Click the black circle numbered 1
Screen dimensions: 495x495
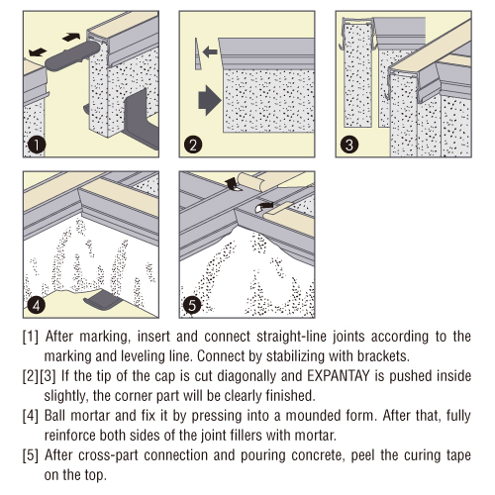(37, 145)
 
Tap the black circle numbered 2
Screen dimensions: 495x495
(193, 145)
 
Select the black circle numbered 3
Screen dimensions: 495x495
(349, 145)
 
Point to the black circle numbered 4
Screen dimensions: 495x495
(37, 305)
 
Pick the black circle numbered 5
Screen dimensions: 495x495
(192, 305)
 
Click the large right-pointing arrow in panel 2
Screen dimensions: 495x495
(210, 100)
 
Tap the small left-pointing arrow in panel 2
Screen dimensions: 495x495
(210, 51)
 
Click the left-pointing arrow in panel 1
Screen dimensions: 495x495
(38, 51)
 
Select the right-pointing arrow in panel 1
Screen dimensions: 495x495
(71, 37)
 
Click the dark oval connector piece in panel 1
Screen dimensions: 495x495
(72, 55)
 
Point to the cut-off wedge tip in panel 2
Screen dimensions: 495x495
(197, 53)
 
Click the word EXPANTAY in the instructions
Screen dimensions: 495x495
(339, 376)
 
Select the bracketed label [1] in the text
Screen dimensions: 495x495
(31, 337)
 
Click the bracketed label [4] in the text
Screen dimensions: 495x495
(31, 416)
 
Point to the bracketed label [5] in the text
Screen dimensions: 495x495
(31, 455)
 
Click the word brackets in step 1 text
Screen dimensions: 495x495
(383, 356)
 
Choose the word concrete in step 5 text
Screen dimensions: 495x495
(317, 455)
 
